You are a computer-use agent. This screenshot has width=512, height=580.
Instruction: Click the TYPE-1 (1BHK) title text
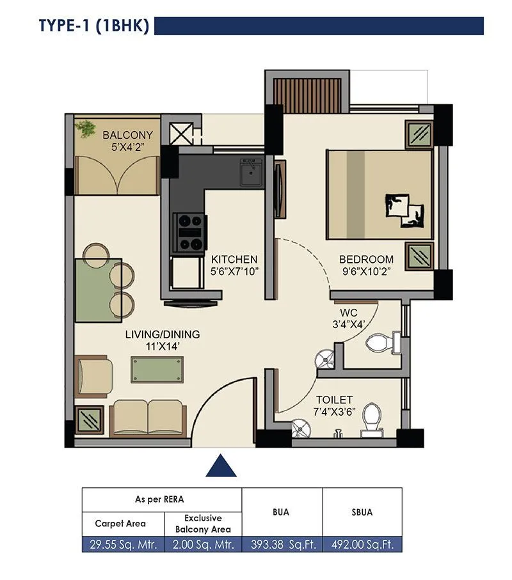click(94, 26)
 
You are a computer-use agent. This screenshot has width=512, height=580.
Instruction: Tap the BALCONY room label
click(127, 135)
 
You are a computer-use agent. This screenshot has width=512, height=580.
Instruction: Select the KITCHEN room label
click(234, 260)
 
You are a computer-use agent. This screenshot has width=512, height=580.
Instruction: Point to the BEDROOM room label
click(366, 260)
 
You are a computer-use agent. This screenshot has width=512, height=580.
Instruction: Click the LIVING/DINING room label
click(162, 334)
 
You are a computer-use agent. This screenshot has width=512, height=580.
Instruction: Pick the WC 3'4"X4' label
click(349, 318)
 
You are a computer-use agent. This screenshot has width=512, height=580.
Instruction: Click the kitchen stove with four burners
click(190, 231)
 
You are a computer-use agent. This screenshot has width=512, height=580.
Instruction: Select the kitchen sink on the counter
click(250, 172)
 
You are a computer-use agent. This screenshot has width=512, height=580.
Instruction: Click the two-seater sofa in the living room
click(148, 418)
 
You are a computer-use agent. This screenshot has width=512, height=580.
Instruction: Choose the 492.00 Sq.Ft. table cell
click(362, 545)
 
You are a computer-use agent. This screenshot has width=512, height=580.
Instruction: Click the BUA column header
click(281, 512)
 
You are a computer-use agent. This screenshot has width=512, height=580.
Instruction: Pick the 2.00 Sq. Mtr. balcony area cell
click(203, 545)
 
